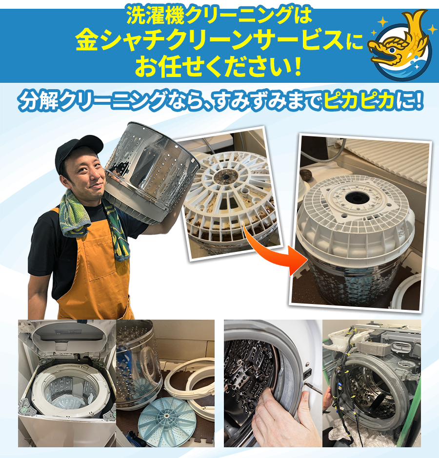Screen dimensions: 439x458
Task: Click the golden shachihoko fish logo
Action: [400, 45]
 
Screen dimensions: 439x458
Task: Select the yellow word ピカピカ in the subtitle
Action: [359, 101]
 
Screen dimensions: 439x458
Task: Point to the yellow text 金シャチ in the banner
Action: [120, 40]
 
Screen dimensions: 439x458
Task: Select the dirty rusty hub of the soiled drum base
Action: [226, 176]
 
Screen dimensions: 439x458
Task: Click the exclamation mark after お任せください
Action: [298, 66]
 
